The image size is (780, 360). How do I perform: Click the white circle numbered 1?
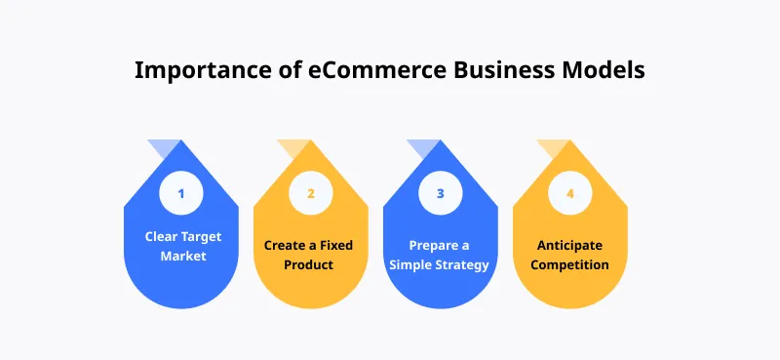[x=180, y=193]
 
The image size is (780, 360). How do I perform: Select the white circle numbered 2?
[x=310, y=193]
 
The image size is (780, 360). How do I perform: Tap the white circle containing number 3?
[x=440, y=193]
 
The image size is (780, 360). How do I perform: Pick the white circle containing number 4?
[x=569, y=193]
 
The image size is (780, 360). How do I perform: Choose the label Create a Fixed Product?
[x=310, y=255]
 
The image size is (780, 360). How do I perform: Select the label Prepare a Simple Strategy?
[x=440, y=255]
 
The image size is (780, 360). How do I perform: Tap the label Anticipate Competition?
[x=569, y=255]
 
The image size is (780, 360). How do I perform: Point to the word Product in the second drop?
[x=310, y=264]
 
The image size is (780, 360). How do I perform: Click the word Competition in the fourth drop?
[x=569, y=264]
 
